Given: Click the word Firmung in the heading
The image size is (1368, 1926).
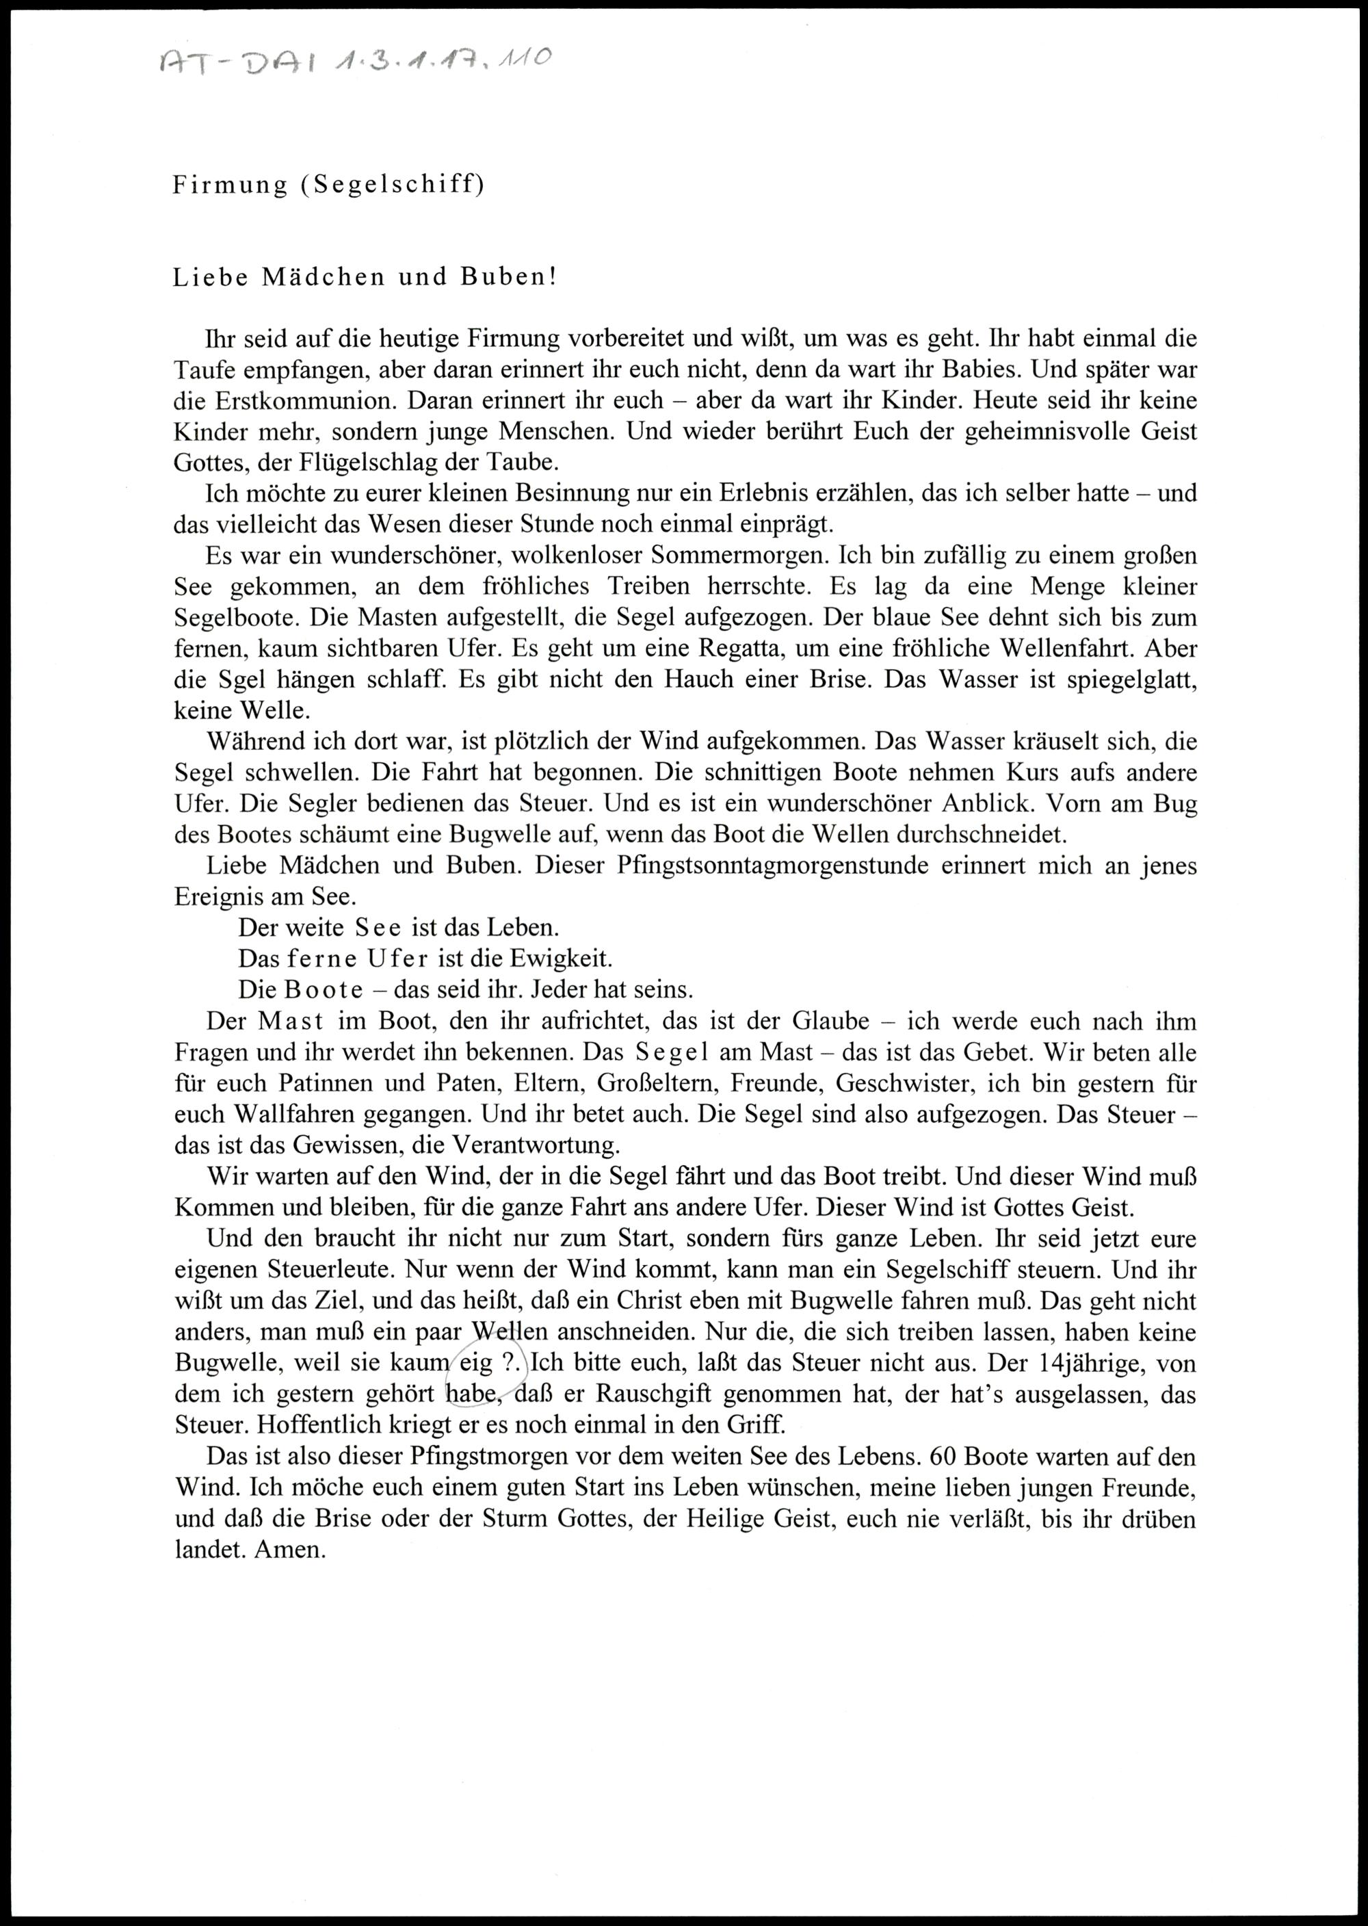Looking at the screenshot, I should click(230, 185).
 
